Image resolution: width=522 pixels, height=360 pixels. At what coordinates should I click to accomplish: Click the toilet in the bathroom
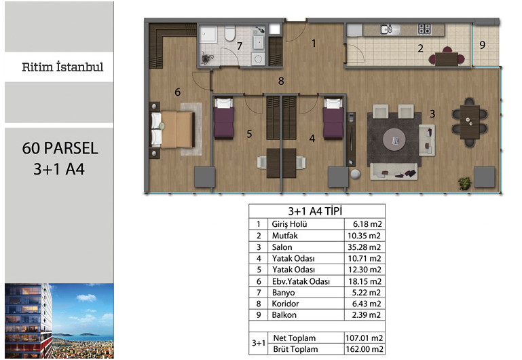point(229,33)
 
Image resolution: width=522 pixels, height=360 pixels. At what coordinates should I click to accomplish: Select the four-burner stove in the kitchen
point(424,29)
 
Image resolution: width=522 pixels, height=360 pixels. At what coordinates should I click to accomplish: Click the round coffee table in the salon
point(394,140)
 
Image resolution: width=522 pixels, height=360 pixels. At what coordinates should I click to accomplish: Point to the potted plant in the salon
point(465,183)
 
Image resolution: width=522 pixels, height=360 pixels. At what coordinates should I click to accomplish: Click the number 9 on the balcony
point(483,45)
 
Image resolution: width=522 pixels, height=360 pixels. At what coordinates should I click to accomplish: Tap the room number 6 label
point(177,92)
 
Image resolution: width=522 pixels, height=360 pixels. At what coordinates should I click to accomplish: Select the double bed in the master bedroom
point(172,130)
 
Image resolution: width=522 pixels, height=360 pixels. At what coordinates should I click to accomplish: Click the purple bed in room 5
point(224,118)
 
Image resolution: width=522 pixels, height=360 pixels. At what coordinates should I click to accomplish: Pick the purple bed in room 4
point(333,118)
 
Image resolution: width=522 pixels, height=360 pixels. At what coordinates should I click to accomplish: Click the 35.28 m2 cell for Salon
point(365,247)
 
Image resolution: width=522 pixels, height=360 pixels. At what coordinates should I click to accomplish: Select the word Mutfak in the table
point(284,236)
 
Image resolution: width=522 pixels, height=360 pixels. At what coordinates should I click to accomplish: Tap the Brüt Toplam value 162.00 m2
point(365,349)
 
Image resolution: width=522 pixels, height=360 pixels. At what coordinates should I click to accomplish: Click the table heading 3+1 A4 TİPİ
point(315,211)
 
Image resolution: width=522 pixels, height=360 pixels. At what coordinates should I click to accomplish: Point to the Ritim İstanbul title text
point(62,67)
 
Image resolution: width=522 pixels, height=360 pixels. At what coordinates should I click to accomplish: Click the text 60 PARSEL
point(60,148)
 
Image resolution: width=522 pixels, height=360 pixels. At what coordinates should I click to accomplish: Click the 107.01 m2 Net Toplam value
point(365,338)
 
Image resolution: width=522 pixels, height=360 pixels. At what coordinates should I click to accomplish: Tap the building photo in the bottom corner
point(59,321)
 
